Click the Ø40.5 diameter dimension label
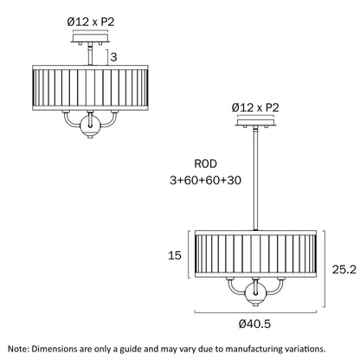(254, 324)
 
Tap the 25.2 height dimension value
(344, 269)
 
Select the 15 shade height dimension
(175, 255)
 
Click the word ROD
(205, 164)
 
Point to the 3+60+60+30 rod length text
(205, 180)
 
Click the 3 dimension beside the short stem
(114, 57)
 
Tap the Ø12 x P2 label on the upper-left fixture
(91, 22)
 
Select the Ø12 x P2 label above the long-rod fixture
(255, 108)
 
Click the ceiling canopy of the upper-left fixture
(91, 38)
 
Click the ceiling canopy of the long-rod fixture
(255, 122)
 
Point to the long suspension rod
(255, 179)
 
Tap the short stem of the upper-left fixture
(91, 55)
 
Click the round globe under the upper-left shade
(90, 125)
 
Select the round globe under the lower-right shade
(255, 293)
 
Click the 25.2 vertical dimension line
(325, 269)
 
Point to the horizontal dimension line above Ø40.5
(255, 312)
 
